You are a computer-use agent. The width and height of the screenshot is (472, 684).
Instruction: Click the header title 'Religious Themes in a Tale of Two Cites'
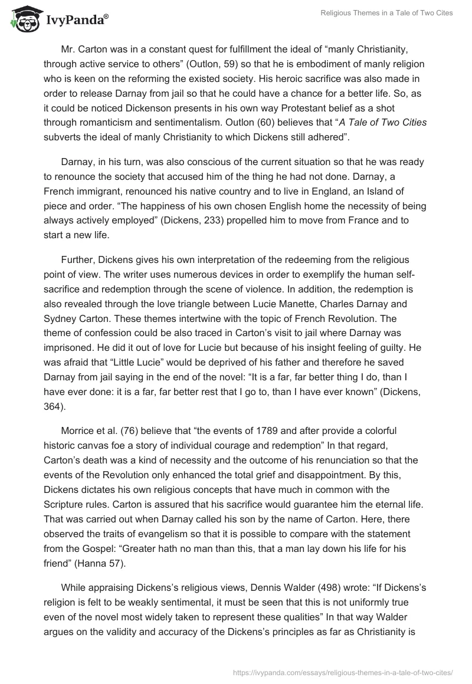tap(386, 14)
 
